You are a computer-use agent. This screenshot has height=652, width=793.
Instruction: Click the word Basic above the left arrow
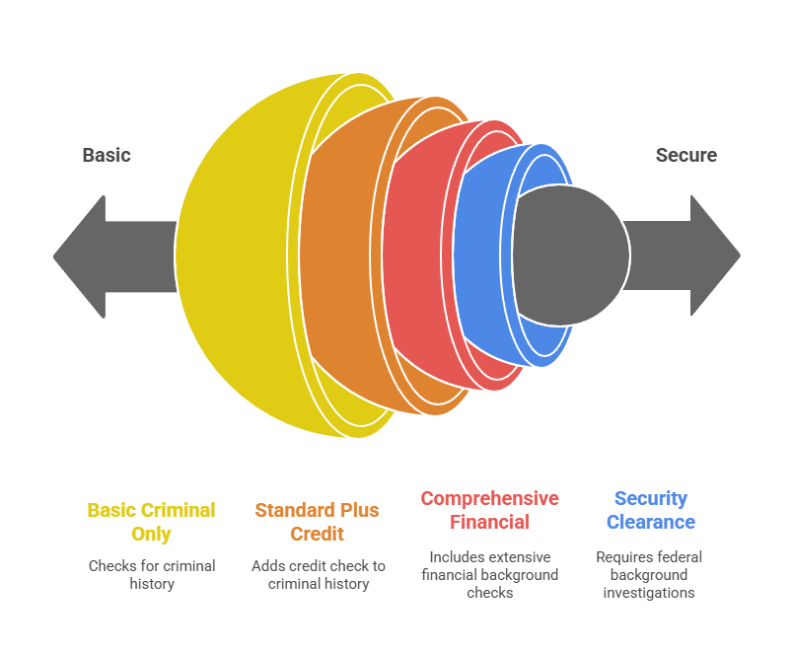(x=107, y=155)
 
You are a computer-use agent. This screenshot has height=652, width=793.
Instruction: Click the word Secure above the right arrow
(x=686, y=155)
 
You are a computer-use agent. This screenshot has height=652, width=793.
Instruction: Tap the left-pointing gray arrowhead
(x=80, y=257)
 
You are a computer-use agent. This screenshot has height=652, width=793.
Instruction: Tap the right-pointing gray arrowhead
(x=715, y=255)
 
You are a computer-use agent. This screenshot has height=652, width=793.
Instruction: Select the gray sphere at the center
(x=571, y=255)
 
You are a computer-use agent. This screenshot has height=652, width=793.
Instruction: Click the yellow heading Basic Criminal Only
(x=151, y=522)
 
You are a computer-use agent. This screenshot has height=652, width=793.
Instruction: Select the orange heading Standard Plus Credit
(x=317, y=522)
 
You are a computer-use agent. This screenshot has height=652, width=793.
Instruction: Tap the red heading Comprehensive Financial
(x=489, y=510)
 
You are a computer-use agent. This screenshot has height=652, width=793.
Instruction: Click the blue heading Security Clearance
(x=651, y=510)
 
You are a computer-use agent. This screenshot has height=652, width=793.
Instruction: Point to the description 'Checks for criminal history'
(x=152, y=575)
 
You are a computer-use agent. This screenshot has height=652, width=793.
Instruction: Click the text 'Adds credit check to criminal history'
(x=319, y=575)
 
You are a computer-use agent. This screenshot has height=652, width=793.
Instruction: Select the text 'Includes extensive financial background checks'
(x=489, y=575)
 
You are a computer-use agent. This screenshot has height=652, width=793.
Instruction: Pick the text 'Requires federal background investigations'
(x=649, y=575)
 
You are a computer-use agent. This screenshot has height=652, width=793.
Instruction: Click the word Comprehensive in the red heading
(x=489, y=499)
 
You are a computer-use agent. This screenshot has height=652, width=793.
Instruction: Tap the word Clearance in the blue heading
(x=651, y=522)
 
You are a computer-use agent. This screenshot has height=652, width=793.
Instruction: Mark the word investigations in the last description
(x=649, y=592)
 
